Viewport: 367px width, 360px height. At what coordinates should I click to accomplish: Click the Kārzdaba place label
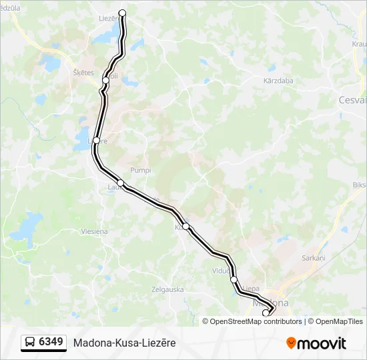pos(278,81)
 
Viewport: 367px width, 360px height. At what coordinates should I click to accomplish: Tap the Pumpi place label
pos(141,170)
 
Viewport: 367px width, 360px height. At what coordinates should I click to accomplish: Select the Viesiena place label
pos(94,231)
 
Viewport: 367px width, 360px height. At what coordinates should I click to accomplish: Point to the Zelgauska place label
pos(167,289)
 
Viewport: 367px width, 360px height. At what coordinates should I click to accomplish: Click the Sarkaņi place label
pos(312,257)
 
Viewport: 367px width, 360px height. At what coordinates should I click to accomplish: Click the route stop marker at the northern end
pos(122,13)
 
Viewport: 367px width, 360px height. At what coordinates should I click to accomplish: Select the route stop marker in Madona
pos(266,313)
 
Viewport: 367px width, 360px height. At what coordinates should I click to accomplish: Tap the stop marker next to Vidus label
pos(234,279)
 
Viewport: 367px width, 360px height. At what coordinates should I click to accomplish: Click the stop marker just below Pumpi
pos(120,183)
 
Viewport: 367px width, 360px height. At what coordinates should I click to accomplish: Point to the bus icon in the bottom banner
pos(30,343)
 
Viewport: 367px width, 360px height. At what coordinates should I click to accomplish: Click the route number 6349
pos(51,343)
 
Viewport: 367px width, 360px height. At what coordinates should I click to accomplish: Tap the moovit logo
pos(316,343)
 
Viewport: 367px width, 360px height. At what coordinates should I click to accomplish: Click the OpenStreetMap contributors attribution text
pos(256,321)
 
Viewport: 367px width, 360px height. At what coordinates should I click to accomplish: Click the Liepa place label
pos(251,289)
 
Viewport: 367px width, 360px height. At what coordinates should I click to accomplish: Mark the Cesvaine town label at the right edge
pos(352,100)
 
